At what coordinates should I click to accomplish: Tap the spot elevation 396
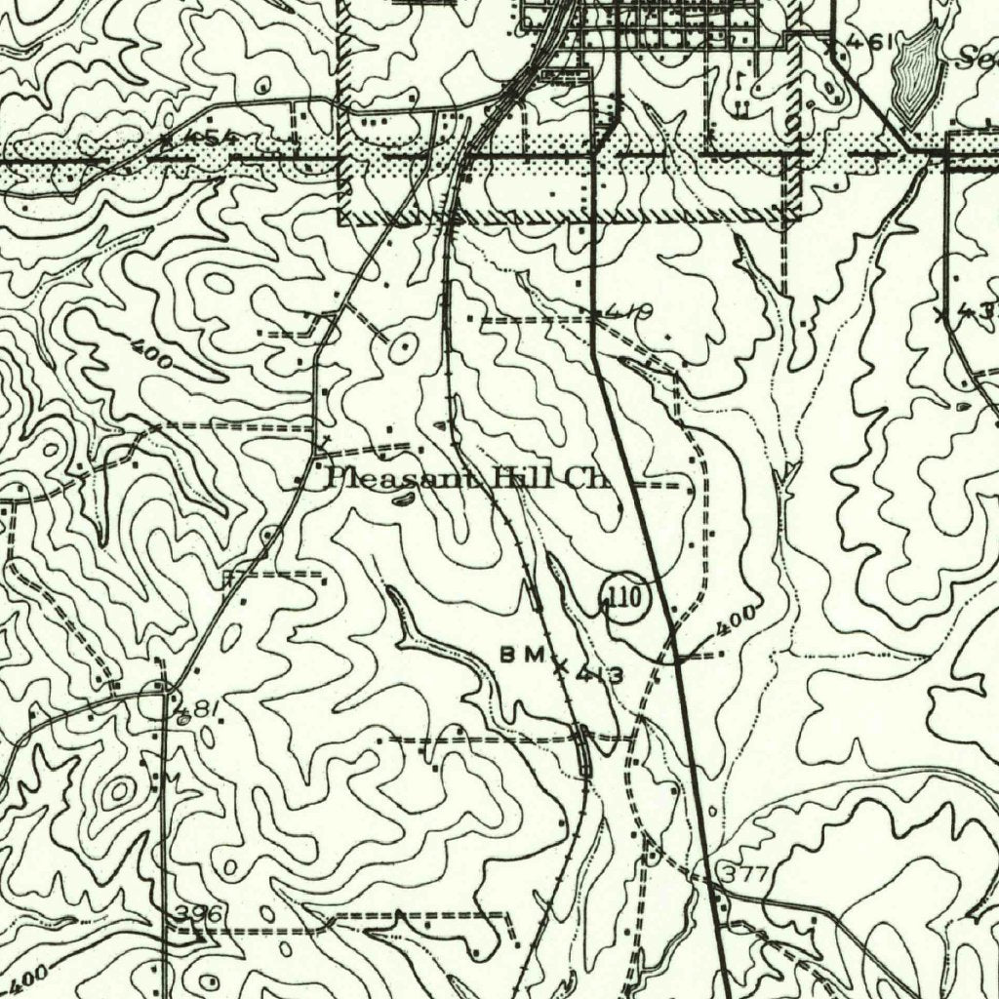pyautogui.click(x=200, y=913)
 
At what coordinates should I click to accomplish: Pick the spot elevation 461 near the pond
pyautogui.click(x=866, y=43)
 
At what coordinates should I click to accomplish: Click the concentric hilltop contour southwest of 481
pyautogui.click(x=119, y=790)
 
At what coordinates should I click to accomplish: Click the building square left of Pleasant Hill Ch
pyautogui.click(x=299, y=479)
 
